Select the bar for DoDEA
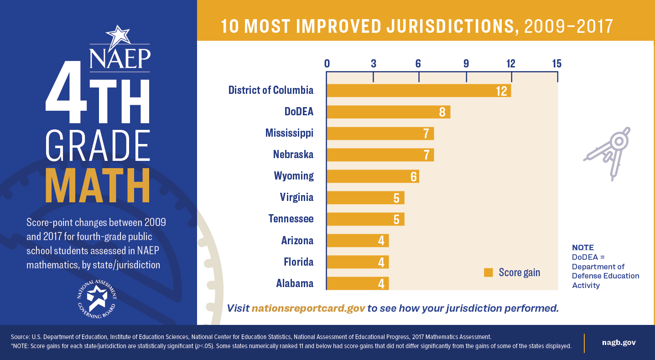click(388, 112)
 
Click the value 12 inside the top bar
click(501, 91)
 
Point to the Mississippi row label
click(289, 133)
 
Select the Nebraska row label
click(293, 154)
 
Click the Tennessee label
click(291, 219)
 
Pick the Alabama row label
click(295, 283)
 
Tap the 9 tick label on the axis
click(466, 64)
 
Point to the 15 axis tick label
click(556, 64)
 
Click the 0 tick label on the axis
click(327, 64)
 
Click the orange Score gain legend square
click(489, 273)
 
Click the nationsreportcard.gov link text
click(308, 308)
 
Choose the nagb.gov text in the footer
click(619, 343)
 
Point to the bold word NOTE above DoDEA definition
click(582, 248)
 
